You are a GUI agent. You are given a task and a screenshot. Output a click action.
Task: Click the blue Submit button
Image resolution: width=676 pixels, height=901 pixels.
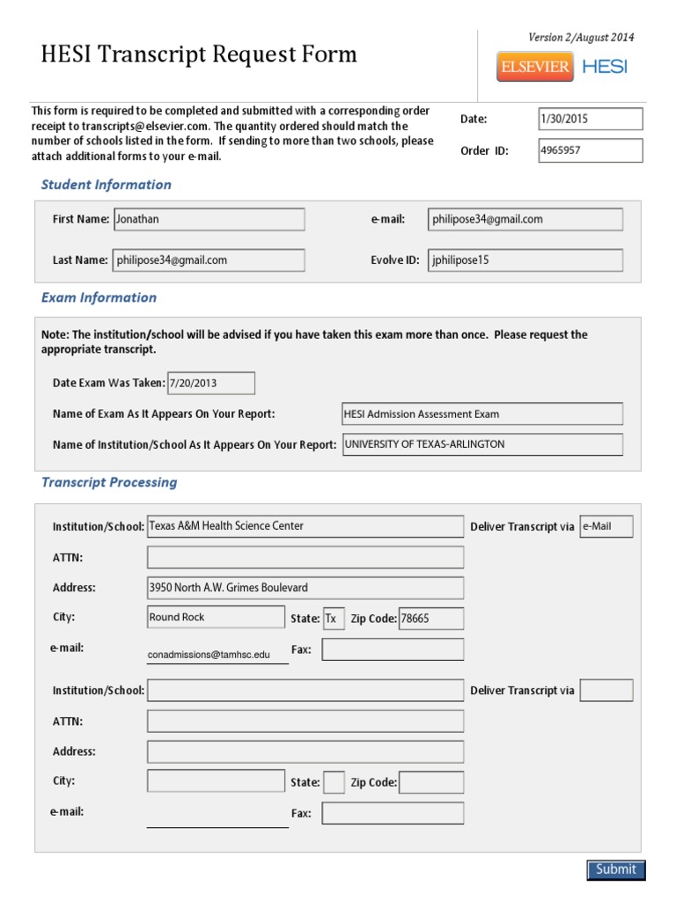(x=616, y=869)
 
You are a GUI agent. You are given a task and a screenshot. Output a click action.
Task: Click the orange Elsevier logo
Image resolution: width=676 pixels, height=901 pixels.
(x=534, y=67)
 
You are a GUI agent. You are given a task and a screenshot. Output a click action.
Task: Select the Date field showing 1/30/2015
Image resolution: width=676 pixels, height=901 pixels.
(x=590, y=119)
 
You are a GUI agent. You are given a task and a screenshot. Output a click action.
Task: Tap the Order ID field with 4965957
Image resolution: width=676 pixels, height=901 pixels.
(x=590, y=150)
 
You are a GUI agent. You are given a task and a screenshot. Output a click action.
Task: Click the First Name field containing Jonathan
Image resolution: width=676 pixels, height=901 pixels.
(x=209, y=219)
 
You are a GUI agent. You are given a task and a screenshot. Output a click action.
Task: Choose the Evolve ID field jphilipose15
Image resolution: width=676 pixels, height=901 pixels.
(x=525, y=260)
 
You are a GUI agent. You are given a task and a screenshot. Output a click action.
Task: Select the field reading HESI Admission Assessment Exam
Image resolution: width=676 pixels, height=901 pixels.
(x=481, y=414)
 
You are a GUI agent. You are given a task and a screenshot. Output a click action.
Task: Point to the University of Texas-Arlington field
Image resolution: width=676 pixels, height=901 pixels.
(x=481, y=444)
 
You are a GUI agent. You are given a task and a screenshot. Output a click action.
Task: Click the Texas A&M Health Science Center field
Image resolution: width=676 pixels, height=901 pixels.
(x=305, y=526)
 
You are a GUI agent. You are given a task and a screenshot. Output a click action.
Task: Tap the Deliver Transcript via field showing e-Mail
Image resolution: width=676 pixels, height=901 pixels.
(x=606, y=526)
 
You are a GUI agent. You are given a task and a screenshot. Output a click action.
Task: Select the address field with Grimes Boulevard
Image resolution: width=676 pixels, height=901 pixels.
(x=305, y=587)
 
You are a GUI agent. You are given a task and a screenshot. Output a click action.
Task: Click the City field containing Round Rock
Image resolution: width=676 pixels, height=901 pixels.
(x=216, y=618)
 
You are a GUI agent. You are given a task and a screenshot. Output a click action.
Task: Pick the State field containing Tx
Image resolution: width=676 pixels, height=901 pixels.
(x=334, y=619)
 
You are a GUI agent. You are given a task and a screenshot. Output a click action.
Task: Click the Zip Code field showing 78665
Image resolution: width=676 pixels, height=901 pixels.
(x=430, y=619)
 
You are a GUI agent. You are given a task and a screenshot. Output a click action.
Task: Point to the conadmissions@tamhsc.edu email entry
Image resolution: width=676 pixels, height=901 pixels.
(x=217, y=655)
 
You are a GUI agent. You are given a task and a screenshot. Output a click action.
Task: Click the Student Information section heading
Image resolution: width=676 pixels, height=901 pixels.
(x=107, y=185)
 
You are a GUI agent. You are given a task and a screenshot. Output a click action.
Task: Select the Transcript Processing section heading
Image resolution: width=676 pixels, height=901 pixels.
(x=109, y=482)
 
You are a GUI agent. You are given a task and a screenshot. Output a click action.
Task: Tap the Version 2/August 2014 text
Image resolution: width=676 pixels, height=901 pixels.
(x=580, y=37)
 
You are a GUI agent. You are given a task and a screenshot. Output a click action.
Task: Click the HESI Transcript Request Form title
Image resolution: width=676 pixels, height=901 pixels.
(x=199, y=55)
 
